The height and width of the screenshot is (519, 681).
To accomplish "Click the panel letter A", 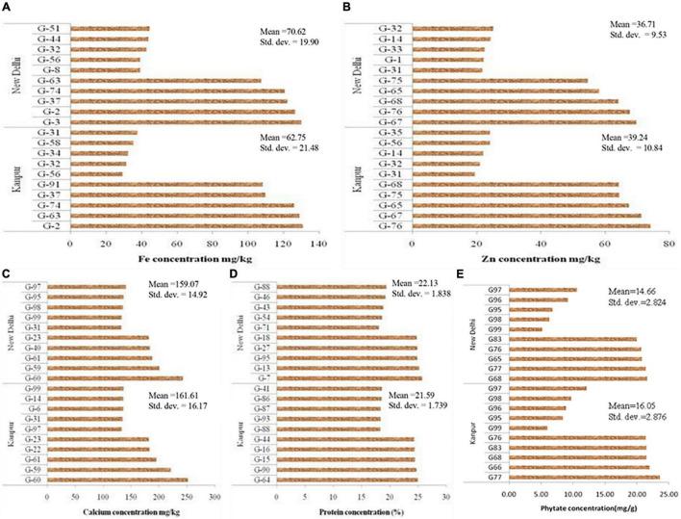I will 7,8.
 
